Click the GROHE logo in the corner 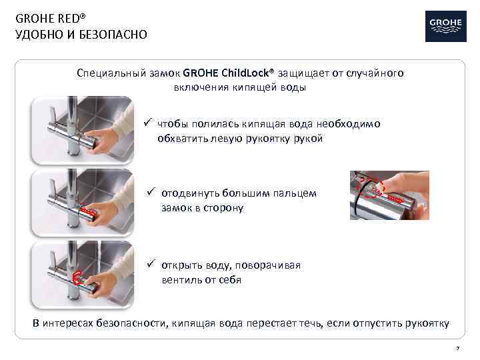tap(445, 26)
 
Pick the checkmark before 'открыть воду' tap(151, 265)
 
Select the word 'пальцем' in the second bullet tap(297, 193)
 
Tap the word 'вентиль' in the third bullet tap(179, 280)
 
